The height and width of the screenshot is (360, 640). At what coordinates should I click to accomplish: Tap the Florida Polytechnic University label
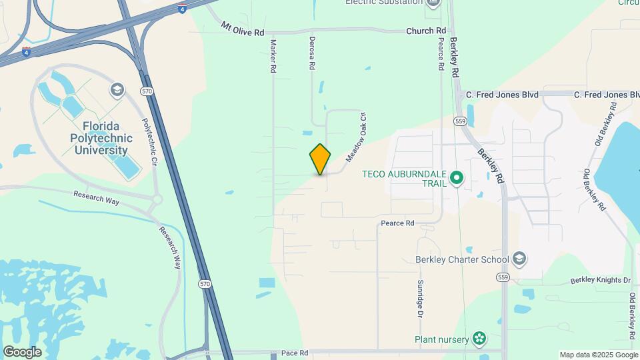click(102, 138)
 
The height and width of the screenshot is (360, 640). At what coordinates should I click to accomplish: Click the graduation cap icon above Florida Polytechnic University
click(117, 90)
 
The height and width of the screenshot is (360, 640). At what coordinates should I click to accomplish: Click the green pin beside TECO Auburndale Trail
click(457, 178)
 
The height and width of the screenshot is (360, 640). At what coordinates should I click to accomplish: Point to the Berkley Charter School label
click(462, 259)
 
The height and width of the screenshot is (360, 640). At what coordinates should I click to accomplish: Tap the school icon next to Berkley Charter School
click(520, 259)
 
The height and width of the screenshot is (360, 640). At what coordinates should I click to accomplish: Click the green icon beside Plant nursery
click(479, 339)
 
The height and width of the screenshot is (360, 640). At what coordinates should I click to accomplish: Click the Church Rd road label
click(427, 31)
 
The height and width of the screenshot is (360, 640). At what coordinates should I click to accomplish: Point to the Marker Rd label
click(273, 55)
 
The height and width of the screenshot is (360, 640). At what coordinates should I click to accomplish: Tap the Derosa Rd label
click(311, 53)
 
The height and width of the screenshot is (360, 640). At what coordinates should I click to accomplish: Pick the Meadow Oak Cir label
click(357, 137)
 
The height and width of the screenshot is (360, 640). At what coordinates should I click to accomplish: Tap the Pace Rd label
click(294, 353)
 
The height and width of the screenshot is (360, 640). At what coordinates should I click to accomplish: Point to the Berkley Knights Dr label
click(600, 281)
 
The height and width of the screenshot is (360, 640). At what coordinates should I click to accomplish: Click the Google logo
click(22, 352)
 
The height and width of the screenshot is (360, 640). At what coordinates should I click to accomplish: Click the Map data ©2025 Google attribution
click(598, 355)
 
